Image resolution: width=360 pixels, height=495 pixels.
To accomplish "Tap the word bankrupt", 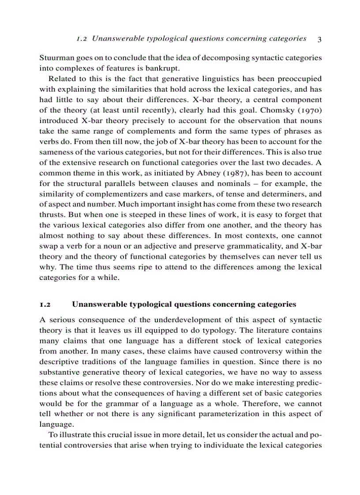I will coord(164,68).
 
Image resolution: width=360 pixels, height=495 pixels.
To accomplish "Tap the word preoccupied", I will coord(300,79).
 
